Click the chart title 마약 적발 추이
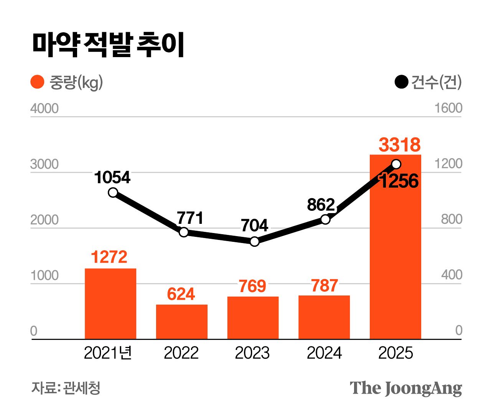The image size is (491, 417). coord(108,45)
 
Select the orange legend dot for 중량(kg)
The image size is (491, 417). coord(38,82)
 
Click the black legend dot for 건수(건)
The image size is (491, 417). coord(401,82)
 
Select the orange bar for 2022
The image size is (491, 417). coord(181,322)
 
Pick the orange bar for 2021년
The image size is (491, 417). coord(110,304)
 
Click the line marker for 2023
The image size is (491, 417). coord(254,241)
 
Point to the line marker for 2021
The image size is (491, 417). coord(113,192)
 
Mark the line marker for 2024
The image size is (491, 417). coord(325,219)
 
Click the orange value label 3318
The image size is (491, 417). coord(400,145)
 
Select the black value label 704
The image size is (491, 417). coord(254,225)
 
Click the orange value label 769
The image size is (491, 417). coord(252,286)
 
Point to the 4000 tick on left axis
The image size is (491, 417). coord(44,108)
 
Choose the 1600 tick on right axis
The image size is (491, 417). coord(448,108)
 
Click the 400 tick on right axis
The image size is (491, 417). coord(451,275)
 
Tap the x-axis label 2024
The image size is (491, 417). coord(324,353)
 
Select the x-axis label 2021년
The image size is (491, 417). coord(108,353)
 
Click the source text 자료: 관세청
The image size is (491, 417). coord(66,388)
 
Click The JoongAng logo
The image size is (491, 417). coord(406,388)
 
